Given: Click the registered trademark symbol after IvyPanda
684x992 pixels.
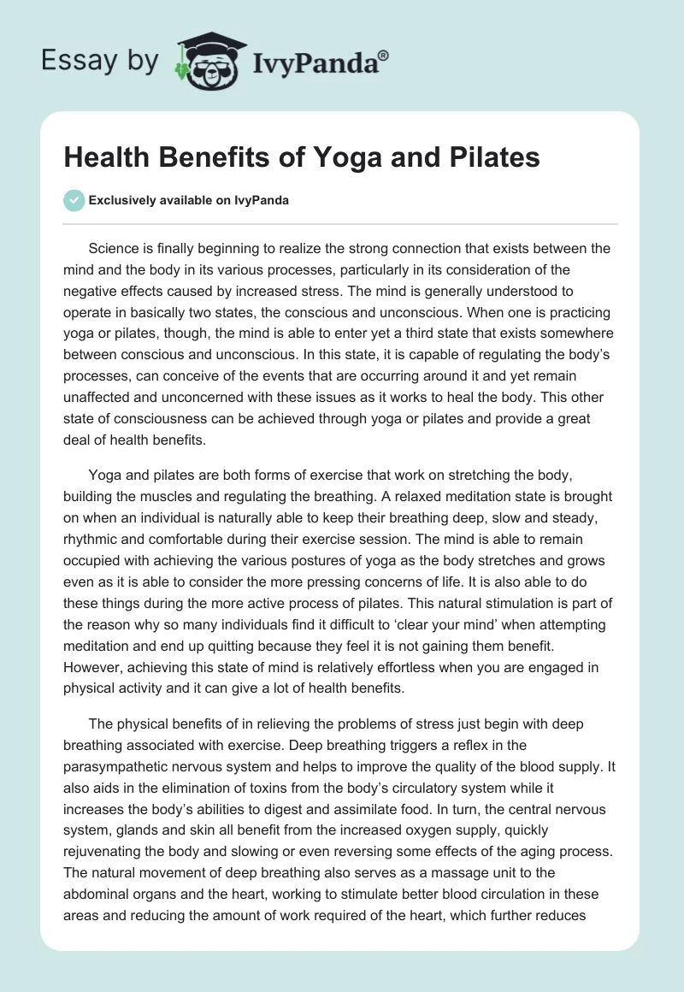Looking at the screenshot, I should [384, 55].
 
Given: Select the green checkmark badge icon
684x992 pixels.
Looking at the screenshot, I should [74, 201].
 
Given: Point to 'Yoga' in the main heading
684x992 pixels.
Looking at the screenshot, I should [349, 159].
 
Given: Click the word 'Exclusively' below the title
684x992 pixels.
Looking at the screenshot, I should [121, 201].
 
